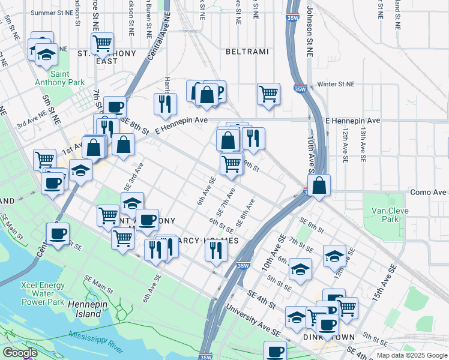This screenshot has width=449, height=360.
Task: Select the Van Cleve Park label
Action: pyautogui.click(x=385, y=215)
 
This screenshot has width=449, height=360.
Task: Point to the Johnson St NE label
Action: pyautogui.click(x=310, y=30)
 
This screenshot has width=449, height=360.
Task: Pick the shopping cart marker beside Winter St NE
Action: pyautogui.click(x=268, y=94)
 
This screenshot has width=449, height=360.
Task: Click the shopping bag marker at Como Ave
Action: pyautogui.click(x=320, y=185)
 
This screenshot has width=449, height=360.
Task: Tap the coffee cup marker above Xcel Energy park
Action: pyautogui.click(x=58, y=234)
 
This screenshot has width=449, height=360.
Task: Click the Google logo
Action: pyautogui.click(x=20, y=352)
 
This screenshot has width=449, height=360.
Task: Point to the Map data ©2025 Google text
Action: pyautogui.click(x=411, y=355)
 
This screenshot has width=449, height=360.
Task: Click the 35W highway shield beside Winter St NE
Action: pyautogui.click(x=298, y=89)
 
